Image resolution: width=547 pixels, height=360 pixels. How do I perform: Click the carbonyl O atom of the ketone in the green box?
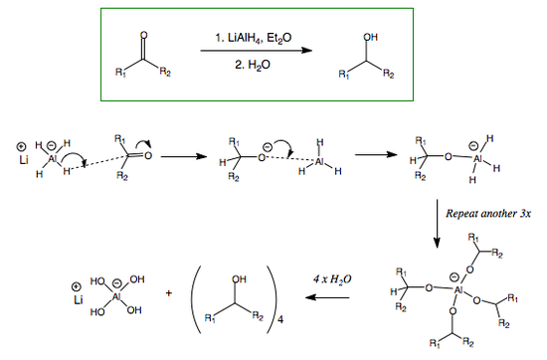coord(144,35)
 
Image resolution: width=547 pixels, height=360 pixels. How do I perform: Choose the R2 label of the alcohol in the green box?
coord(388,76)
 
